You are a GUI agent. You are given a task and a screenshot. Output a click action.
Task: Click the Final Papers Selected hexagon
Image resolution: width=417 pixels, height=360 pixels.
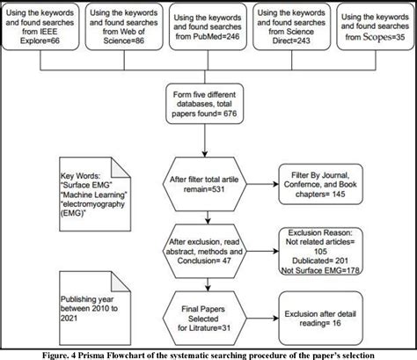click(x=208, y=311)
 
